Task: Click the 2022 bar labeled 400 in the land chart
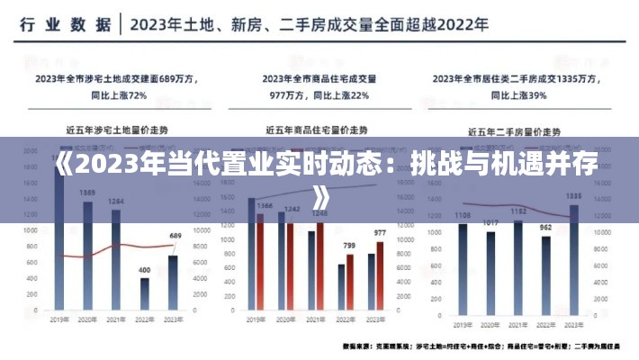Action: [x=144, y=293]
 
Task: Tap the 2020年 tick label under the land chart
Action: [x=87, y=319]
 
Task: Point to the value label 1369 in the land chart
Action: [x=87, y=193]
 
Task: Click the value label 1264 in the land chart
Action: [x=116, y=202]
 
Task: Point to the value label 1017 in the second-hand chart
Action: [x=490, y=222]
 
